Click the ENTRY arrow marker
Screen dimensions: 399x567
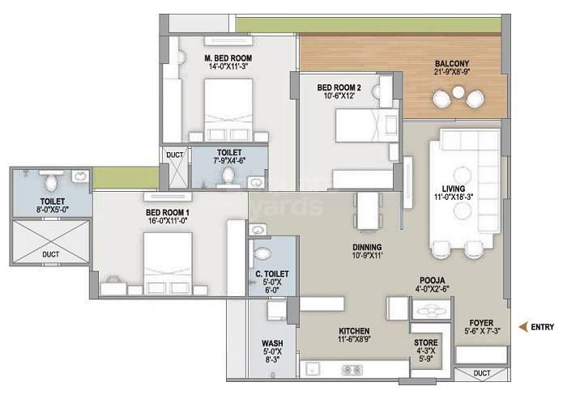pyautogui.click(x=522, y=327)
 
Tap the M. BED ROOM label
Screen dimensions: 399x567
pyautogui.click(x=228, y=59)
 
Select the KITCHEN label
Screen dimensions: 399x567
pyautogui.click(x=354, y=332)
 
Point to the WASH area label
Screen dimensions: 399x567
pyautogui.click(x=272, y=342)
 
